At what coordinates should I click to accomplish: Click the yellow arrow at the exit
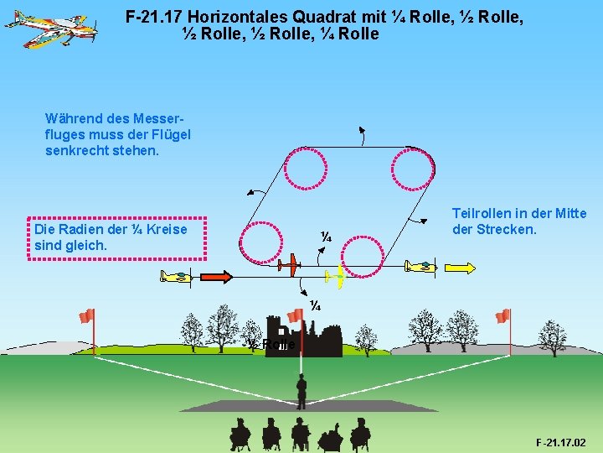coord(461,268)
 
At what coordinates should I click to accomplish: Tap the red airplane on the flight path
coord(287,265)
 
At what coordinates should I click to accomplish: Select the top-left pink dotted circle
coord(307,165)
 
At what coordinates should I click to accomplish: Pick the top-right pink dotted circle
coord(414,168)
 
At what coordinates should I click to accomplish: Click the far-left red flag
coord(86,315)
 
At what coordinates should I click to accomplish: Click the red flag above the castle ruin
coord(294,315)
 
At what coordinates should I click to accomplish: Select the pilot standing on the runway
coord(301,390)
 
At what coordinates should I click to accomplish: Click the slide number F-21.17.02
coord(560,442)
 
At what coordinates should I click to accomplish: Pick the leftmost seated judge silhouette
coord(240,434)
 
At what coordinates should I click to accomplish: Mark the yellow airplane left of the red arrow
coord(177,276)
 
